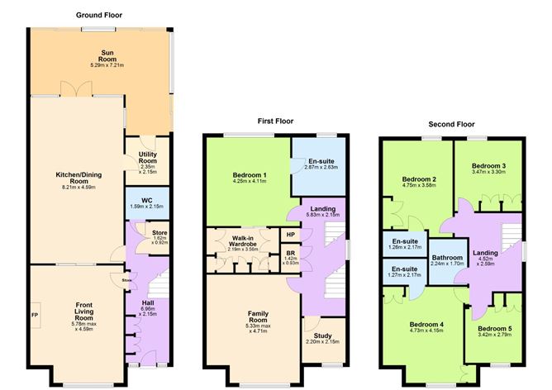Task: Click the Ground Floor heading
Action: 98,15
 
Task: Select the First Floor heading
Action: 276,121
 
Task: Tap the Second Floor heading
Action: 450,124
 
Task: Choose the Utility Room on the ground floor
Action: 149,159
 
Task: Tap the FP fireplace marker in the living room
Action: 35,315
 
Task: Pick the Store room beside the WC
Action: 159,237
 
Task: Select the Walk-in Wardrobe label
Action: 243,245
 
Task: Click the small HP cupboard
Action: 291,235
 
